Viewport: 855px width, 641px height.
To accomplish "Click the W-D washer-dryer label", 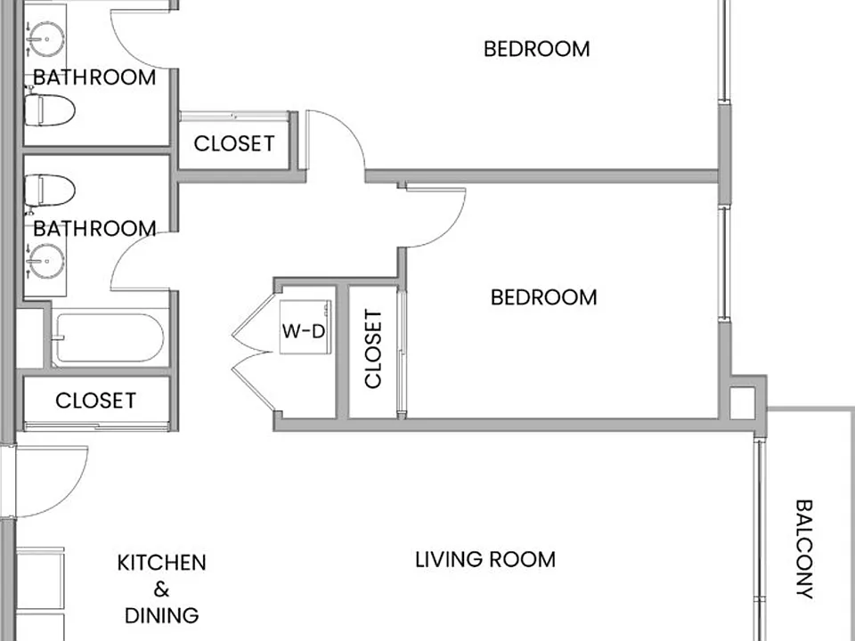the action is [x=304, y=331].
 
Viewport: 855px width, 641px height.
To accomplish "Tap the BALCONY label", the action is [x=803, y=549].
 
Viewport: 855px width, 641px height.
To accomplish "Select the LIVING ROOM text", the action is [x=485, y=560].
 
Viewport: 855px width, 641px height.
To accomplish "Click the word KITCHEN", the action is [x=161, y=563].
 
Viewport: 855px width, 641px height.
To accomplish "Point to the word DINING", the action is [x=161, y=615].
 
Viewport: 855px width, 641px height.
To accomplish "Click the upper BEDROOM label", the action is [x=536, y=49].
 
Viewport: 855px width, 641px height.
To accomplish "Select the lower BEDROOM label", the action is [x=543, y=297].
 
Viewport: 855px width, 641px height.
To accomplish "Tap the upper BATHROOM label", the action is [x=94, y=77].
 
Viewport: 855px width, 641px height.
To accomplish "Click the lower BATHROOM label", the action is [x=94, y=229].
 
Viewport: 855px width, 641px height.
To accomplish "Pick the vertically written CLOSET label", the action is [x=373, y=349].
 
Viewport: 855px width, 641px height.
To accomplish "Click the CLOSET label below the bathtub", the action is [x=95, y=401].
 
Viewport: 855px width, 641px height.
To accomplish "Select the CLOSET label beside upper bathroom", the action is [x=234, y=144].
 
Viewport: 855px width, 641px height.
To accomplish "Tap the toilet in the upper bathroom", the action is [x=49, y=110].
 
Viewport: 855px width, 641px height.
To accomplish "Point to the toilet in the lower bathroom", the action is [x=49, y=191].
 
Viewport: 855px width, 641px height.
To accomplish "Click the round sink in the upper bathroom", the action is [x=47, y=38].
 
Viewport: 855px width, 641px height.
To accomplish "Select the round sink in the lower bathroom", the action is [x=47, y=261].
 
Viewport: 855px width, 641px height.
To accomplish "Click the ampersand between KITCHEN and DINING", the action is [x=161, y=589].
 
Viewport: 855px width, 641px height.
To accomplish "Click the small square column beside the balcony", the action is [x=742, y=402].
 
